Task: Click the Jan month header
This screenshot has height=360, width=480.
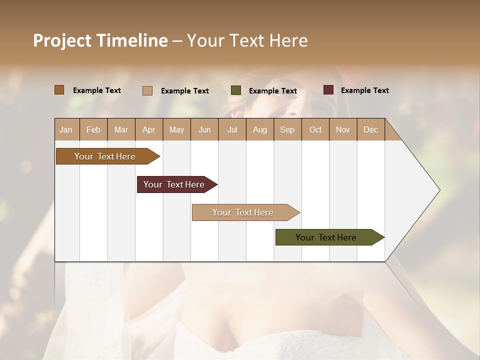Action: (66, 129)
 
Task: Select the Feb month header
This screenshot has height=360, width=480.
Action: (93, 129)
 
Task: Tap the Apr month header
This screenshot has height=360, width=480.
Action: (148, 129)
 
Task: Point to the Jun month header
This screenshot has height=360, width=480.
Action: (204, 129)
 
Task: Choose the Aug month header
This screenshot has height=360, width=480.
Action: (259, 129)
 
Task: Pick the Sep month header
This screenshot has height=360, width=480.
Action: (287, 129)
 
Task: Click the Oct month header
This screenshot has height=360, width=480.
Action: (315, 129)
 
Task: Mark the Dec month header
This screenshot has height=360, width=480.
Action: (370, 129)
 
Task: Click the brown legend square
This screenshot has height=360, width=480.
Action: (59, 90)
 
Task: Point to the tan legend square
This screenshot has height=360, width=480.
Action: (147, 90)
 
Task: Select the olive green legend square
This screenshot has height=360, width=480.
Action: (236, 90)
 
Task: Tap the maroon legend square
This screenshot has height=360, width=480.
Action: (328, 90)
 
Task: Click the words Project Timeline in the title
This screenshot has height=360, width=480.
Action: (100, 40)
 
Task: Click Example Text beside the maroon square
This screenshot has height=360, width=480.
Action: (364, 90)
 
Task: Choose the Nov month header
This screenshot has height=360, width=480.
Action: (343, 129)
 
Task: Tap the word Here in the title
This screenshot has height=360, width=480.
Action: (288, 40)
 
